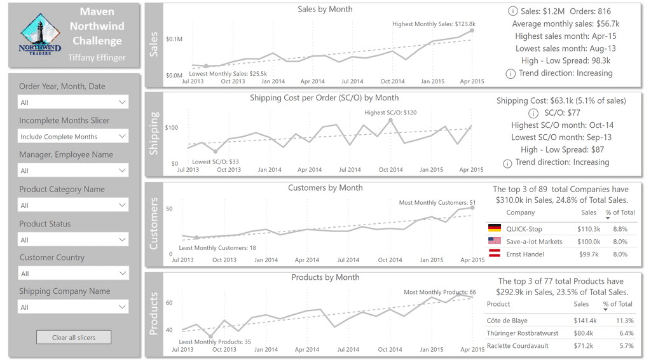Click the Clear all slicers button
click(x=74, y=337)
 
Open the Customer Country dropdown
click(x=73, y=273)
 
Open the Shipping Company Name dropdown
click(x=73, y=307)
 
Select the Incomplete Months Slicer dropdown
click(x=73, y=137)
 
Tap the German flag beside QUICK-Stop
click(x=494, y=229)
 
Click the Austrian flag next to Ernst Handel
click(x=494, y=254)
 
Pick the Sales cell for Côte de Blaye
click(x=583, y=321)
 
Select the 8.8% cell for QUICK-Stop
click(x=620, y=229)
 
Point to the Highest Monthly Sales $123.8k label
click(x=434, y=24)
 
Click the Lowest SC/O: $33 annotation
click(x=216, y=162)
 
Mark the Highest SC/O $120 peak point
click(x=390, y=120)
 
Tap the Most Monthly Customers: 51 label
click(x=437, y=203)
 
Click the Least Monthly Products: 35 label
click(x=215, y=342)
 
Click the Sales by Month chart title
click(x=325, y=10)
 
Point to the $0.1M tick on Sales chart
click(x=174, y=39)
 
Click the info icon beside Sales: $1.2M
click(x=512, y=11)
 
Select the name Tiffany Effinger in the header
click(x=97, y=58)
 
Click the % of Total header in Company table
click(x=620, y=212)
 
